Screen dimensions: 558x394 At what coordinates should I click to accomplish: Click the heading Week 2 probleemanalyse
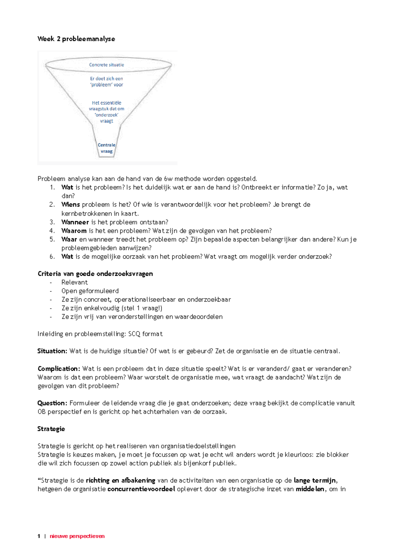(76, 39)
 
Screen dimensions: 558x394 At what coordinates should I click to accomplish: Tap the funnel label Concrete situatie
(106, 65)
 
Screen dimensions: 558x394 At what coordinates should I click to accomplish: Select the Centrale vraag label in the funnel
(106, 148)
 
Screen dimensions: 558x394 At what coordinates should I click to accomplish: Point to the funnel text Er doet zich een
(106, 79)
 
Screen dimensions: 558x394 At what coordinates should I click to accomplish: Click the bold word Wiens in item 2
(71, 205)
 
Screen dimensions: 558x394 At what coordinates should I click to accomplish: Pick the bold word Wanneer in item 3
(75, 222)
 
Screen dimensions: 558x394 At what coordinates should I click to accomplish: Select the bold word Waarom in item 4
(74, 231)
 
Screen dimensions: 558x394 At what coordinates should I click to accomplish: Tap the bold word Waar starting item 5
(69, 239)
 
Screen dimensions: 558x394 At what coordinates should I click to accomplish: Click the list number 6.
(52, 257)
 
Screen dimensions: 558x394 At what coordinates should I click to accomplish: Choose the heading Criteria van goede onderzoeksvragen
(95, 274)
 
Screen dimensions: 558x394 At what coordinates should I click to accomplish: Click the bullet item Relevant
(75, 282)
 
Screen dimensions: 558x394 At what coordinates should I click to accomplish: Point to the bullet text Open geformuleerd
(90, 291)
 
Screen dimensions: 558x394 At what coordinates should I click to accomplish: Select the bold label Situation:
(52, 351)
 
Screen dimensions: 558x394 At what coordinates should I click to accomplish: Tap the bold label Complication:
(59, 369)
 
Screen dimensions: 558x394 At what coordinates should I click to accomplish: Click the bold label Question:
(52, 403)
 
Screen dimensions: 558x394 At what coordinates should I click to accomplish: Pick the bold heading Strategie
(51, 429)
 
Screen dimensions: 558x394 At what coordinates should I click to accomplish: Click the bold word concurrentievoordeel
(141, 489)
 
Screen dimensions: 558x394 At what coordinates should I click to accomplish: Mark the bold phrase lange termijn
(315, 480)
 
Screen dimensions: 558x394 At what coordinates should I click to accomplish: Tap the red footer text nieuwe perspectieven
(77, 536)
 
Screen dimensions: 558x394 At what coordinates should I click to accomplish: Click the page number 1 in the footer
(39, 536)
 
